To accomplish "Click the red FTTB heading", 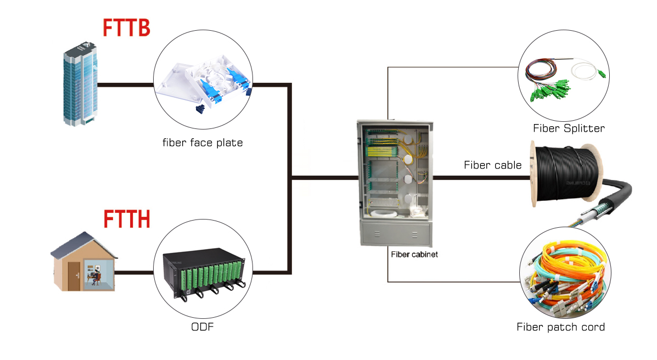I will pos(126,27).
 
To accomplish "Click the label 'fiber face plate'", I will pos(203,143).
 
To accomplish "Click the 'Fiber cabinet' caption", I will pos(414,255).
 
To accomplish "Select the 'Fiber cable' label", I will pos(492,165).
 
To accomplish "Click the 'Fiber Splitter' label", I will pos(568,128).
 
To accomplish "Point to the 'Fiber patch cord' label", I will pos(560,327).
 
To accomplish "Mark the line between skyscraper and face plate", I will pos(126,85).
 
